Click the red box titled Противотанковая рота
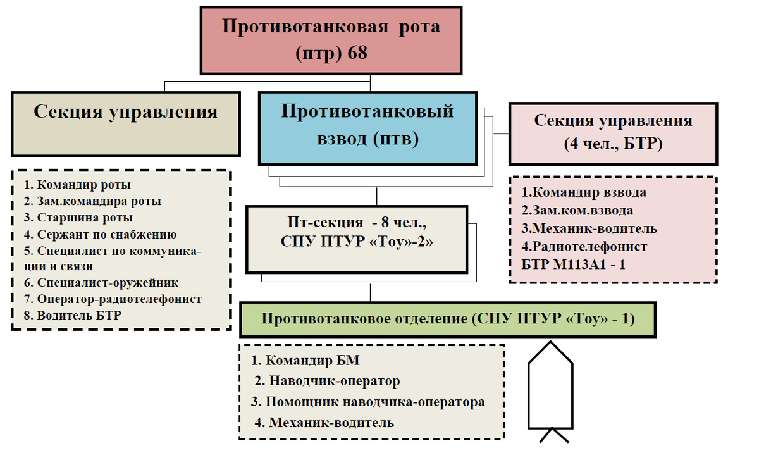[x=331, y=40]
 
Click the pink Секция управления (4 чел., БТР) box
[x=613, y=132]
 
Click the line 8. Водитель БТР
[x=73, y=315]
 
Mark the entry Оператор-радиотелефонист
[x=113, y=299]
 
